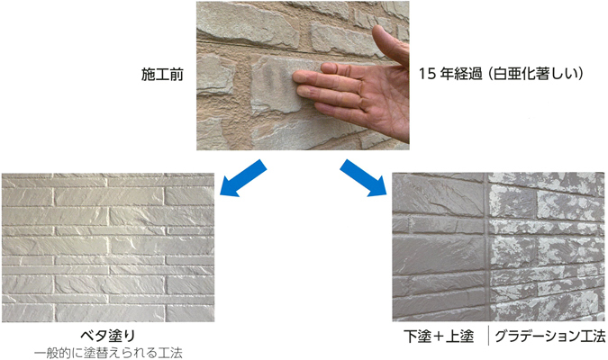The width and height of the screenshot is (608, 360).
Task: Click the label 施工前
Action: point(162,75)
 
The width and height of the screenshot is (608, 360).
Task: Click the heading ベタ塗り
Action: point(108,336)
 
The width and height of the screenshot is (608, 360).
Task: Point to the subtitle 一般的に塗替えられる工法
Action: point(108,353)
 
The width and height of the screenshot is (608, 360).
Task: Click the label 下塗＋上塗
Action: point(439,337)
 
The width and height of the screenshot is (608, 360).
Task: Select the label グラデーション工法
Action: point(549,337)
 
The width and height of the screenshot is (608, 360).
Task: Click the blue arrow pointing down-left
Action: point(242,178)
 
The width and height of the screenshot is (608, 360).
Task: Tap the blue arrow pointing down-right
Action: point(363,178)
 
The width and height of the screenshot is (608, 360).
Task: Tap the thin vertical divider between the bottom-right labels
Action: point(488,336)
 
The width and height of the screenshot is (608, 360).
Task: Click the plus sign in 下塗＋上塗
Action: point(439,337)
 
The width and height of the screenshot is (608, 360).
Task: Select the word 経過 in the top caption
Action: point(468,74)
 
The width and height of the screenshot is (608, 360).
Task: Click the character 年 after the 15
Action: point(446,74)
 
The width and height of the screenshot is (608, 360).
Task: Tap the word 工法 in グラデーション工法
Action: point(591,337)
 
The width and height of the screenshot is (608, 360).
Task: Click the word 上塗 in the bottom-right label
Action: point(460,337)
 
